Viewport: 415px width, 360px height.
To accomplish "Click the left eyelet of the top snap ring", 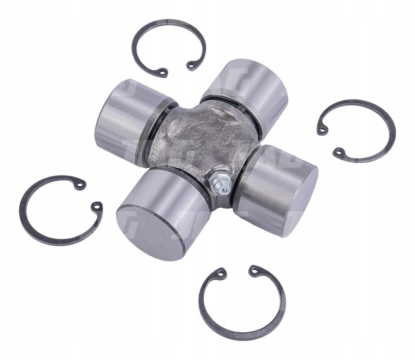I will tap(163, 71).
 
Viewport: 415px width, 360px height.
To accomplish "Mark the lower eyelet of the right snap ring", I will tap(339, 151).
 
